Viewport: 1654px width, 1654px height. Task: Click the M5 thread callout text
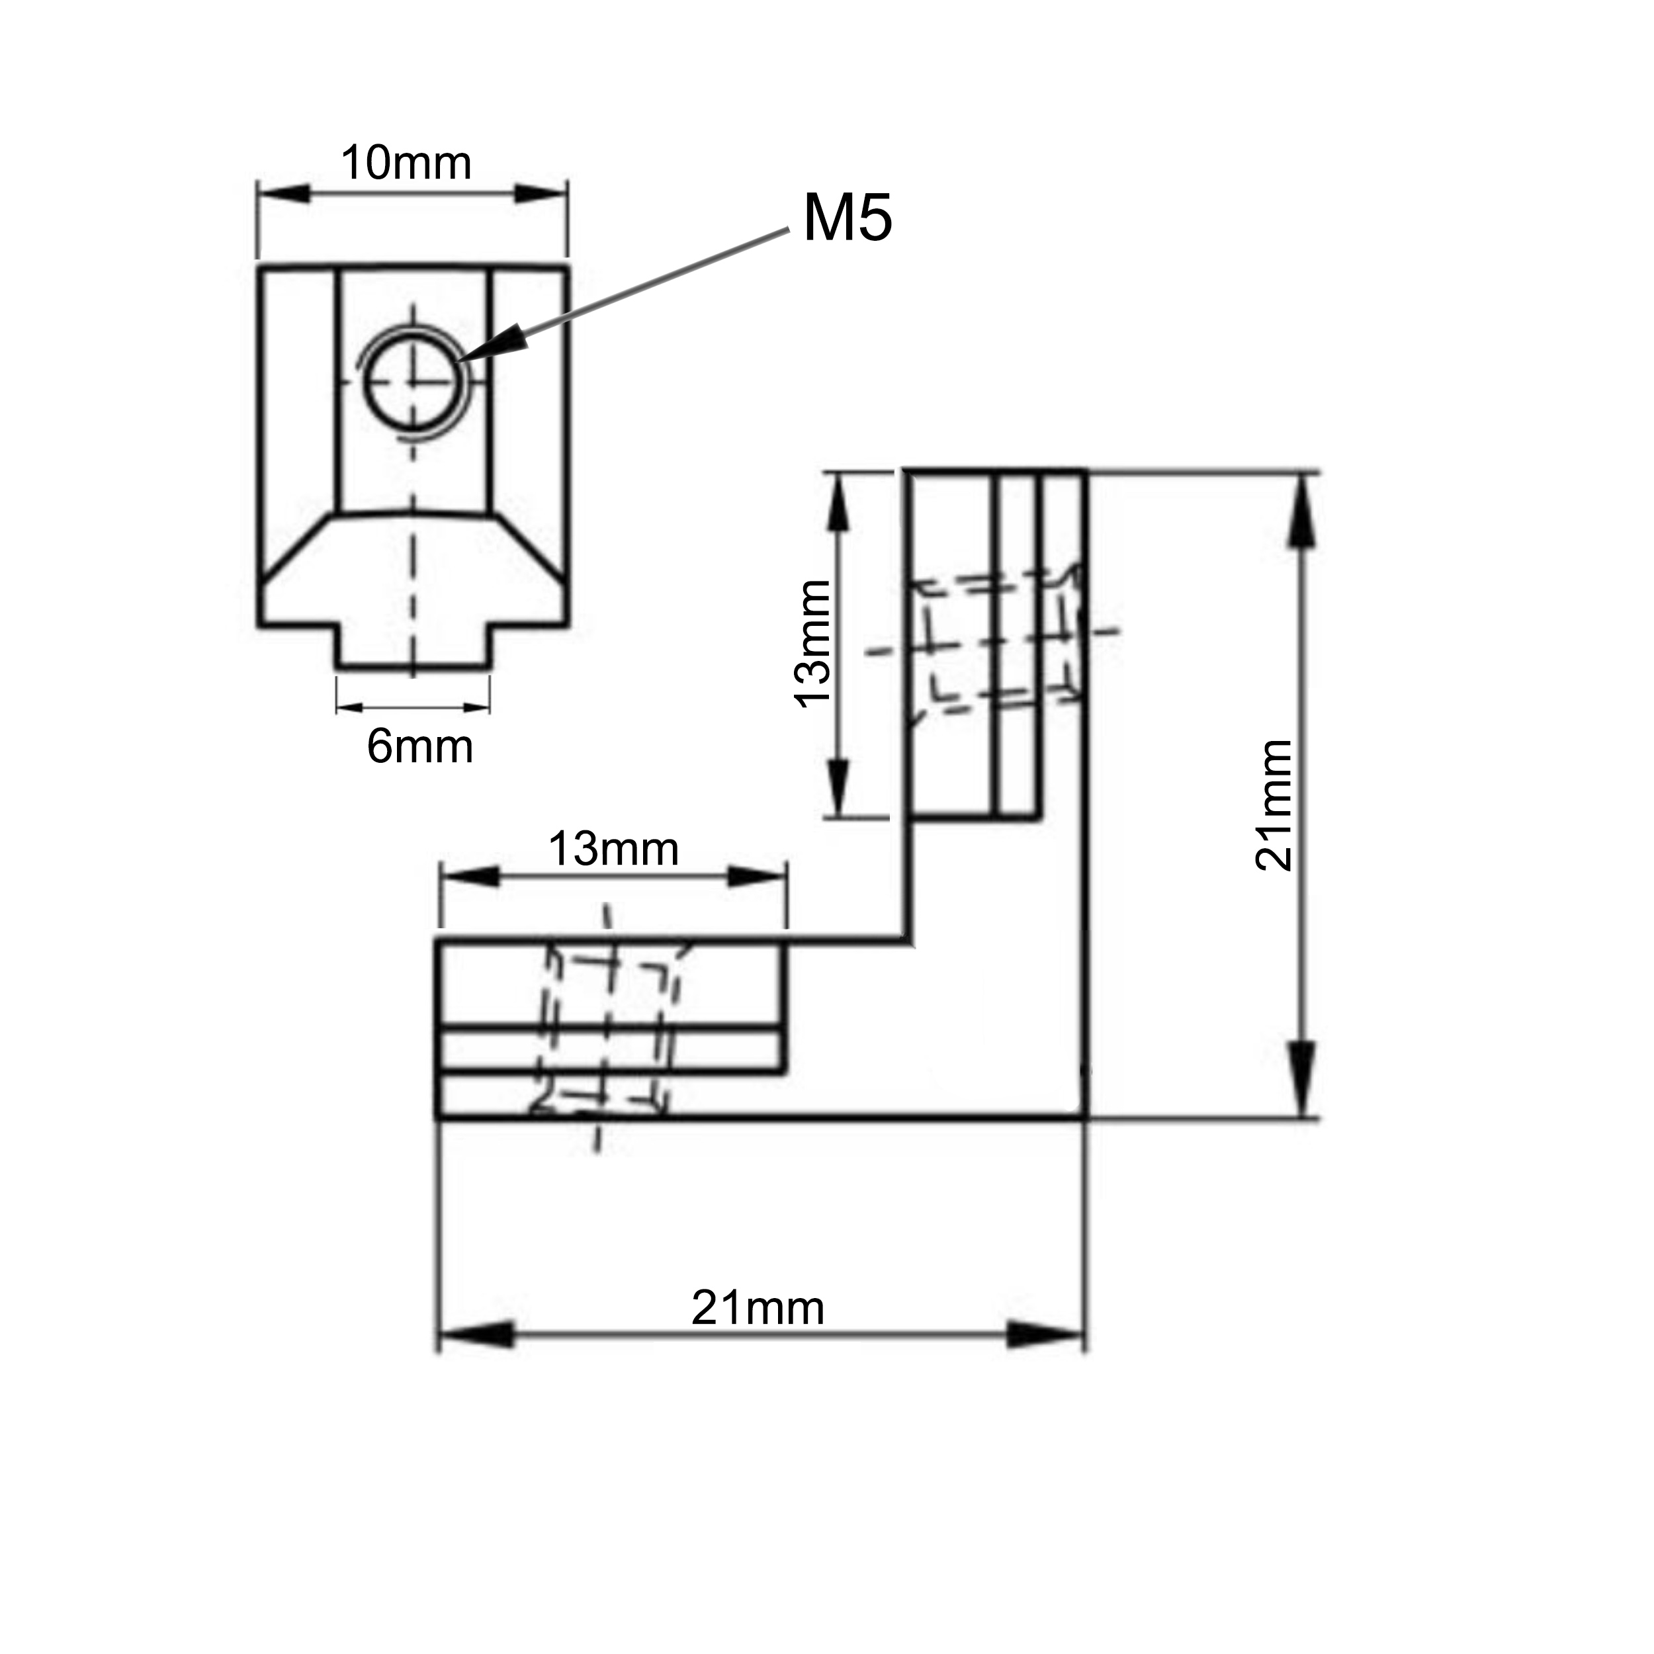[847, 218]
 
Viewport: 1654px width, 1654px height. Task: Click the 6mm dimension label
[419, 746]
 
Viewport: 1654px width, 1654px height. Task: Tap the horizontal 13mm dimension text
[613, 849]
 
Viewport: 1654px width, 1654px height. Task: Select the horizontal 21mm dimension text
[758, 1307]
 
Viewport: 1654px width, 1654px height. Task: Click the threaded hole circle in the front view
[412, 381]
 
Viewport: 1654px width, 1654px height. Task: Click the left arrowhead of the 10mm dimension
[283, 193]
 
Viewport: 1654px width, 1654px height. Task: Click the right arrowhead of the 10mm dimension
[541, 193]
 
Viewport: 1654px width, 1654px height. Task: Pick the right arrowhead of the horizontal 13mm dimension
[757, 877]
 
